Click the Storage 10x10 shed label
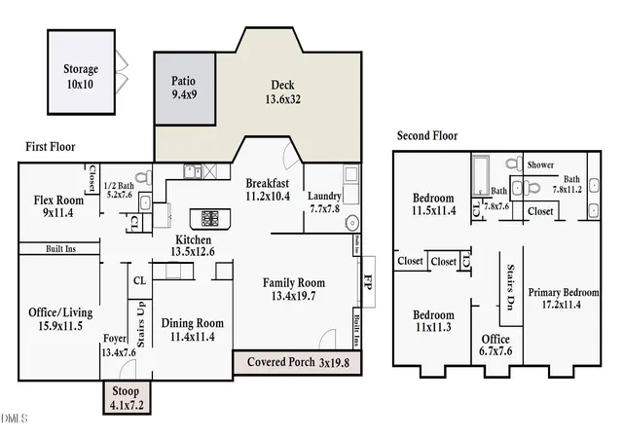click(81, 76)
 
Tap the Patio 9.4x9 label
click(184, 88)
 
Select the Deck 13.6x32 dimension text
click(283, 99)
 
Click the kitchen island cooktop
click(210, 219)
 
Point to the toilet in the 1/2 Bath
click(144, 177)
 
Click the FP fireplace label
click(368, 282)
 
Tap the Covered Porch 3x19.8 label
click(299, 362)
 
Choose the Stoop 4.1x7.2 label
click(127, 398)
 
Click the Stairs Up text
click(140, 325)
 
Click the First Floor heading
click(51, 147)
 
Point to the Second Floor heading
click(427, 136)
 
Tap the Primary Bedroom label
click(564, 293)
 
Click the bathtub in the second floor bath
click(480, 175)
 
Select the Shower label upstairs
click(540, 164)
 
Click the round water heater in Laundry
click(352, 223)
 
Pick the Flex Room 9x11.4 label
click(58, 206)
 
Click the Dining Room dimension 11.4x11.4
click(193, 337)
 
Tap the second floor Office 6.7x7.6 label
click(495, 345)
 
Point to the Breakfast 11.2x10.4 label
click(268, 190)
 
